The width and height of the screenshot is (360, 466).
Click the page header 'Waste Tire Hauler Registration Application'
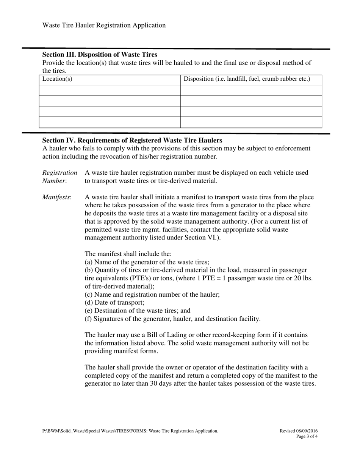click(x=104, y=25)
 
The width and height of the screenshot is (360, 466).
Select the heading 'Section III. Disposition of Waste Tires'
click(x=99, y=55)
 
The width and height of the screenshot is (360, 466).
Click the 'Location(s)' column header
click(x=57, y=79)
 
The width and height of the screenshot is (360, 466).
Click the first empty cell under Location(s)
click(x=110, y=90)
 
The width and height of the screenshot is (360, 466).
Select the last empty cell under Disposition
click(x=251, y=122)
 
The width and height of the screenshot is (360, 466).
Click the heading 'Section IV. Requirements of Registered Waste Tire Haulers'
click(x=132, y=140)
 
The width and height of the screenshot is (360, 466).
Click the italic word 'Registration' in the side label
click(x=59, y=173)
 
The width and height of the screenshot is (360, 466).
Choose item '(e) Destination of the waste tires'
click(x=137, y=310)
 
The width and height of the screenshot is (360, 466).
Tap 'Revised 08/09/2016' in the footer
click(x=299, y=431)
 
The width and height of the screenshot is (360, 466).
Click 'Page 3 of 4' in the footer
click(x=307, y=436)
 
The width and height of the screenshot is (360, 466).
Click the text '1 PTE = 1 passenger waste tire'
click(x=238, y=278)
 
